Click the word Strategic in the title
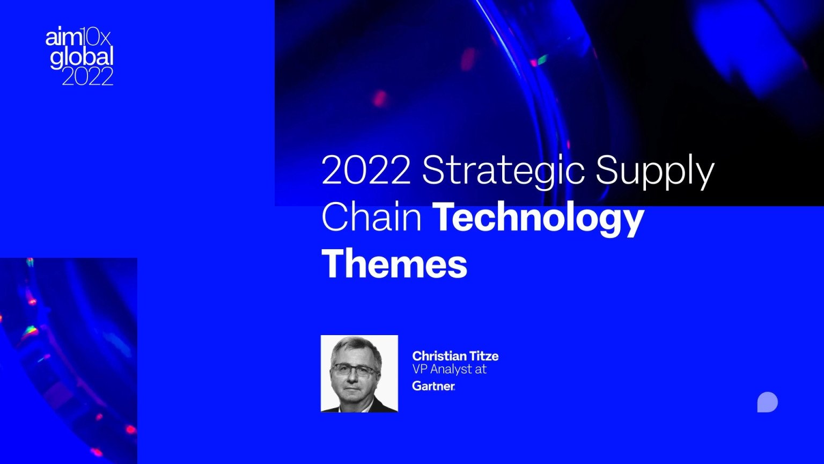(x=503, y=171)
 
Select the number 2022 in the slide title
(x=366, y=171)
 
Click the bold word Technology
(x=538, y=219)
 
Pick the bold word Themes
(x=394, y=264)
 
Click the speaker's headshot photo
(x=359, y=374)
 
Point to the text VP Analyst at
(x=449, y=369)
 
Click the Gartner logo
(x=433, y=386)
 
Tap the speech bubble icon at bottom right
(x=767, y=402)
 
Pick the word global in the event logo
(x=82, y=57)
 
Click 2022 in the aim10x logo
(x=87, y=76)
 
